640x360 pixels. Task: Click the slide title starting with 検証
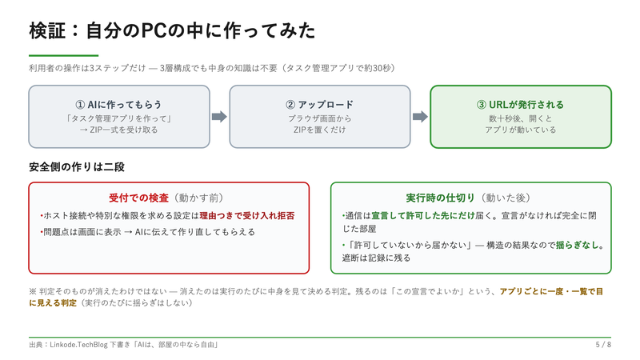tap(172, 30)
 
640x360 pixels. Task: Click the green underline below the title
tap(64, 55)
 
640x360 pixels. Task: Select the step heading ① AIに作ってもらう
tap(118, 105)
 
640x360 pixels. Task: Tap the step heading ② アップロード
tap(319, 105)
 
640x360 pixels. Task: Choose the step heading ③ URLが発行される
tap(521, 105)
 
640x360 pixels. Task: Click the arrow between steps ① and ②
tap(219, 117)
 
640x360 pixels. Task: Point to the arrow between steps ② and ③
tap(420, 117)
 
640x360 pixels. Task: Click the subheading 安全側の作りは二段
tap(77, 167)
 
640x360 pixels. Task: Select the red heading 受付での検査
tap(138, 198)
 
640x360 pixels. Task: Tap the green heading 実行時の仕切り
tap(441, 198)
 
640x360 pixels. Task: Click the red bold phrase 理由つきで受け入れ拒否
tap(247, 215)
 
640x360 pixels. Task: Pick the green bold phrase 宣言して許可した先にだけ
tap(423, 215)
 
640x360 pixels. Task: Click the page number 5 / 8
tap(603, 345)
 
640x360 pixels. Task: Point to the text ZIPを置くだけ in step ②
tap(319, 130)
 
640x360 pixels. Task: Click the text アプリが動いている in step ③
tap(521, 130)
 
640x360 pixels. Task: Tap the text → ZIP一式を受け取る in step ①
tap(118, 130)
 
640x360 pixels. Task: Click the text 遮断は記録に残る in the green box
tap(376, 258)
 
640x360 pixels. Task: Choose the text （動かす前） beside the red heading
tap(198, 198)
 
